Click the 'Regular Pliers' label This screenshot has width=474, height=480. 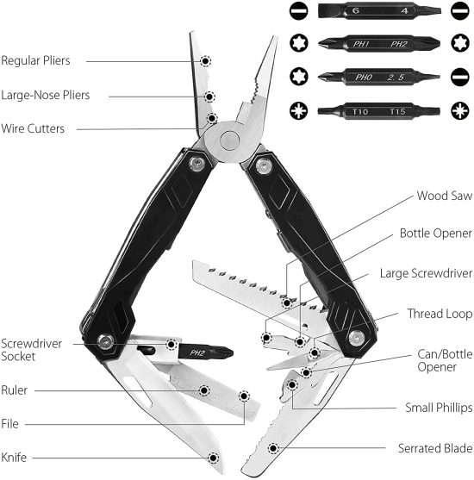coord(35,60)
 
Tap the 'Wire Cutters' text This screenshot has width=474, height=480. coord(33,128)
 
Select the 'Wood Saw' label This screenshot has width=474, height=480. coord(445,196)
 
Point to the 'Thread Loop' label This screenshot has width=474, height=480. coord(440,314)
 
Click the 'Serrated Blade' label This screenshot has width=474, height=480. coord(435,448)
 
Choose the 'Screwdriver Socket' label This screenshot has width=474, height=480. coord(31,350)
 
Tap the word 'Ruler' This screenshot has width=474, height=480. coord(14,390)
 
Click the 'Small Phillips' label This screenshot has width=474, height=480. coord(439,408)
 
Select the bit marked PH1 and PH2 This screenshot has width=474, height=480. coord(379,44)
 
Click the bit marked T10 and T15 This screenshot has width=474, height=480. coord(379,111)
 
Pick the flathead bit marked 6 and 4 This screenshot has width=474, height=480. coord(379,10)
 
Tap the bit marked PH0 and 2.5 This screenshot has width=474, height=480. coord(379,77)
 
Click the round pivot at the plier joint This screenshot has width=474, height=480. coord(229,140)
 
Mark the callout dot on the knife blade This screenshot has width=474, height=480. coord(213,458)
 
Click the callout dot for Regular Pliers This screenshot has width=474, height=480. coord(205,61)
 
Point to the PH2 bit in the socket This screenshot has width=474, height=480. coord(206,353)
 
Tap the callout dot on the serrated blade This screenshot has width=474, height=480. coord(273,449)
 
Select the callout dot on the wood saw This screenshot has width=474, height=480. coord(287,303)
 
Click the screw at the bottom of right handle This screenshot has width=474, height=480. coord(357,338)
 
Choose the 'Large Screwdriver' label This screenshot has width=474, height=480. coord(426,273)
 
